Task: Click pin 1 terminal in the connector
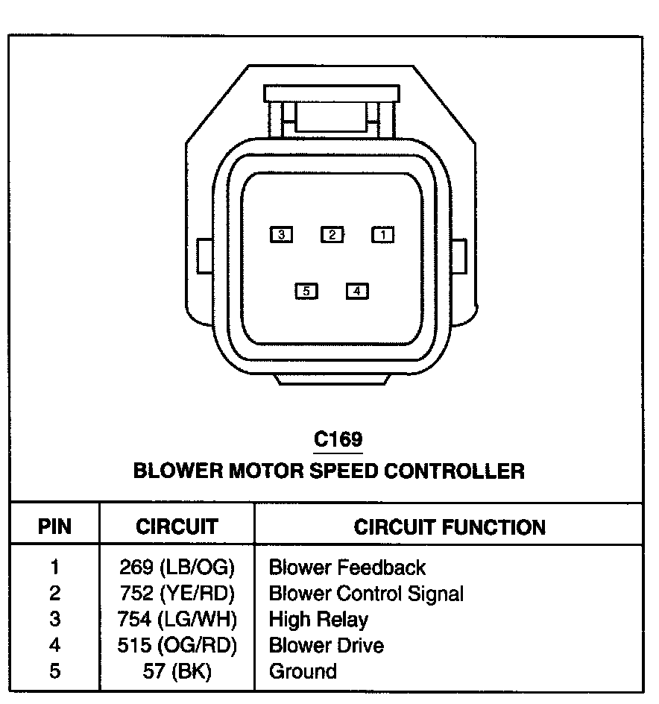point(383,235)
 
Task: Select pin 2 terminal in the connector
point(332,235)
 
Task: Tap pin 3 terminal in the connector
point(281,235)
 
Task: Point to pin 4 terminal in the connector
point(357,291)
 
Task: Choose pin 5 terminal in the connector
point(306,291)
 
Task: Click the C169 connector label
point(338,439)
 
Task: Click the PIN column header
point(54,527)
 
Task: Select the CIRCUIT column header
point(177,527)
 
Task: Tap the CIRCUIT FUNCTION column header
point(450,527)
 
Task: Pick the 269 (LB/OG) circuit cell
point(177,568)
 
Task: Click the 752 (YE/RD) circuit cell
point(177,594)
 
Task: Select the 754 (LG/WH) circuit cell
point(177,619)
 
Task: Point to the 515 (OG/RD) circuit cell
point(177,645)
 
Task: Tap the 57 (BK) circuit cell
point(177,671)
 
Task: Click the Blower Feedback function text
point(347,568)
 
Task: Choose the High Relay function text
point(318,619)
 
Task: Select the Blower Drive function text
point(327,645)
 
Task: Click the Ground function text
point(303,671)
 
